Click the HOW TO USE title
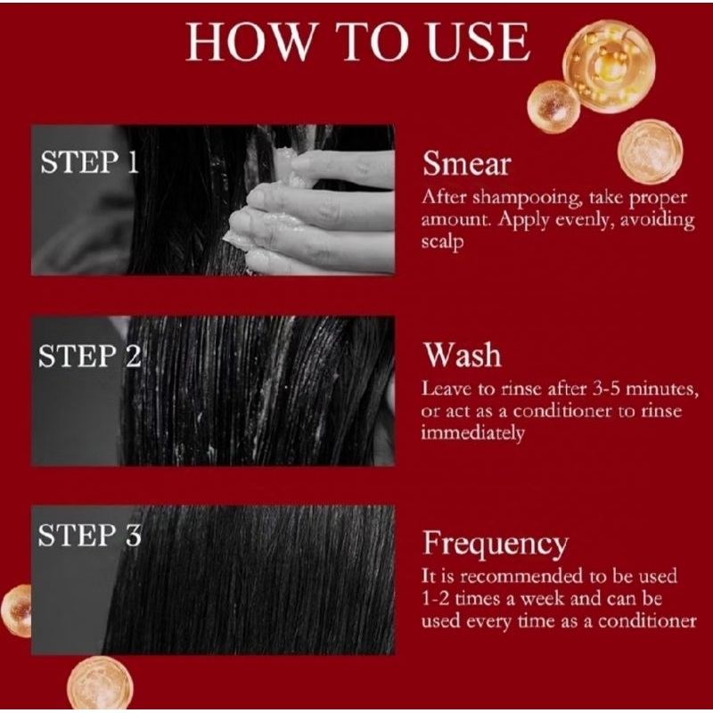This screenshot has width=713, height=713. (358, 41)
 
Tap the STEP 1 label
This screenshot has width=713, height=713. (90, 162)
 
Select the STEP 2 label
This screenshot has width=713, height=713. (90, 356)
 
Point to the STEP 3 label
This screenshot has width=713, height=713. (90, 536)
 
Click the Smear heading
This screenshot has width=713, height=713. (466, 164)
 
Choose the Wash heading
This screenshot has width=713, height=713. (463, 355)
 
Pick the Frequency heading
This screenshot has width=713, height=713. (496, 545)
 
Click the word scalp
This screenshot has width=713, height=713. (442, 242)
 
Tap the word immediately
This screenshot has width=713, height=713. (472, 432)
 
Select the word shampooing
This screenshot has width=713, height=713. (527, 198)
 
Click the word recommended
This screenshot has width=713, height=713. (522, 576)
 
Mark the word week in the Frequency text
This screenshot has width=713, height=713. (543, 598)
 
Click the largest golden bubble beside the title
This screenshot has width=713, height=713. (609, 66)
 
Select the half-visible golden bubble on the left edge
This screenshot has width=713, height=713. (16, 611)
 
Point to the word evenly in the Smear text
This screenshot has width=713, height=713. (578, 220)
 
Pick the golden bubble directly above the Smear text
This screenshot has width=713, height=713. (651, 152)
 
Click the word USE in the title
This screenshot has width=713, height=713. (479, 41)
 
